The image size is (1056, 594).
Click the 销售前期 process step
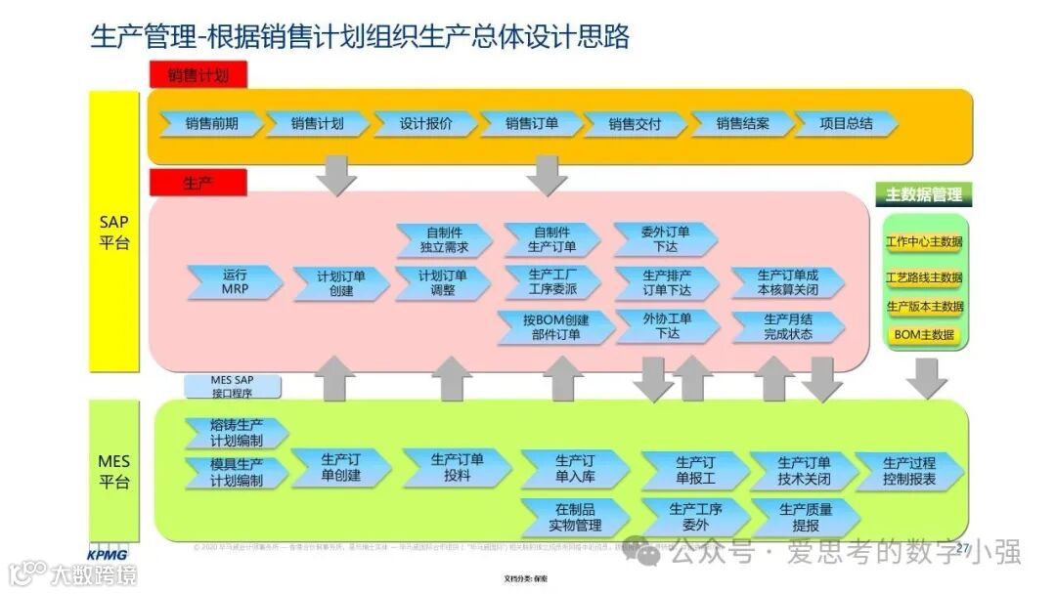(211, 124)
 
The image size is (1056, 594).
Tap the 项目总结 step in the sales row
(846, 124)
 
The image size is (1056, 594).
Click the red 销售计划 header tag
(198, 74)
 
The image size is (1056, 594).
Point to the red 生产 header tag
(198, 183)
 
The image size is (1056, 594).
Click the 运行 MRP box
(235, 282)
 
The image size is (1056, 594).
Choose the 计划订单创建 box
(341, 283)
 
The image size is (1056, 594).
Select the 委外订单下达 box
(666, 239)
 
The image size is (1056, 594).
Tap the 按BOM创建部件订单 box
(555, 327)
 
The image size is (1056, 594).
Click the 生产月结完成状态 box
(787, 326)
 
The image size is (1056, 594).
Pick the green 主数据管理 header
(923, 194)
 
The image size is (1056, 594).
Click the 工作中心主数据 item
(923, 242)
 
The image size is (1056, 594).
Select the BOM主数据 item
(923, 335)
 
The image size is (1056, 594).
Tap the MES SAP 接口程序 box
(232, 387)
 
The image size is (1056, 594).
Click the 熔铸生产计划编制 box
(236, 433)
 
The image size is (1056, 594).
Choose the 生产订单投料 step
(456, 468)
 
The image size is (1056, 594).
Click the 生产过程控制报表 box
(908, 471)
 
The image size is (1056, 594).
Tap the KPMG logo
(108, 553)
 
